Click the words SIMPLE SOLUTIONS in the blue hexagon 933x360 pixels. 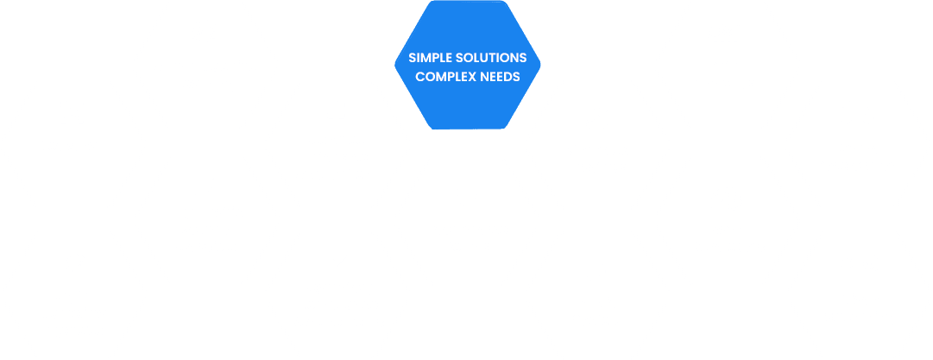467,58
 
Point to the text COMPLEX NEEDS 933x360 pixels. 467,76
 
